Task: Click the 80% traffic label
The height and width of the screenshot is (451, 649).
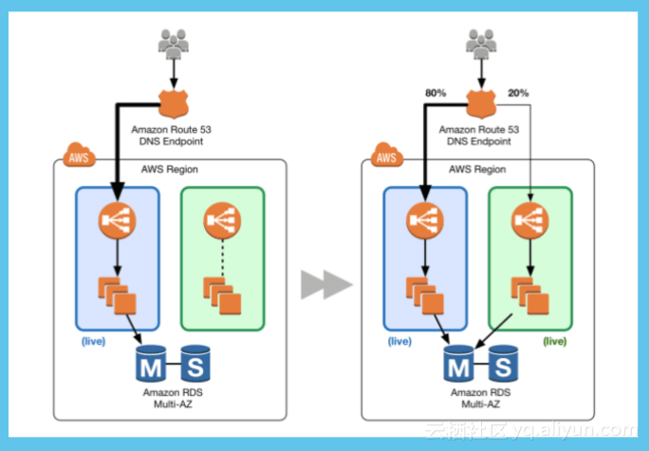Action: click(x=436, y=93)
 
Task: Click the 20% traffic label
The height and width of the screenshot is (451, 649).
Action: click(x=518, y=93)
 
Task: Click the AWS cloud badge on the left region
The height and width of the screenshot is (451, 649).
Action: click(x=78, y=156)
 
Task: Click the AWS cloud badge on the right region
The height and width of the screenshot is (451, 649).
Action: click(x=385, y=156)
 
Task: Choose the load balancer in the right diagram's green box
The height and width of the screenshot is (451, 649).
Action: click(x=529, y=221)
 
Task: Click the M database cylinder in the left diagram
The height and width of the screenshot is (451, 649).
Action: click(x=151, y=363)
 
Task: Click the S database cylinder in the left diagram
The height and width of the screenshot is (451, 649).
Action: click(x=195, y=363)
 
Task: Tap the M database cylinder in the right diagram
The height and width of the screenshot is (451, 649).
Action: click(x=458, y=363)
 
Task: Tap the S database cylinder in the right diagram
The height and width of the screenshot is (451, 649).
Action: click(x=502, y=363)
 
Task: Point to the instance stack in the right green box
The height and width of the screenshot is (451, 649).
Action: click(x=528, y=294)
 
